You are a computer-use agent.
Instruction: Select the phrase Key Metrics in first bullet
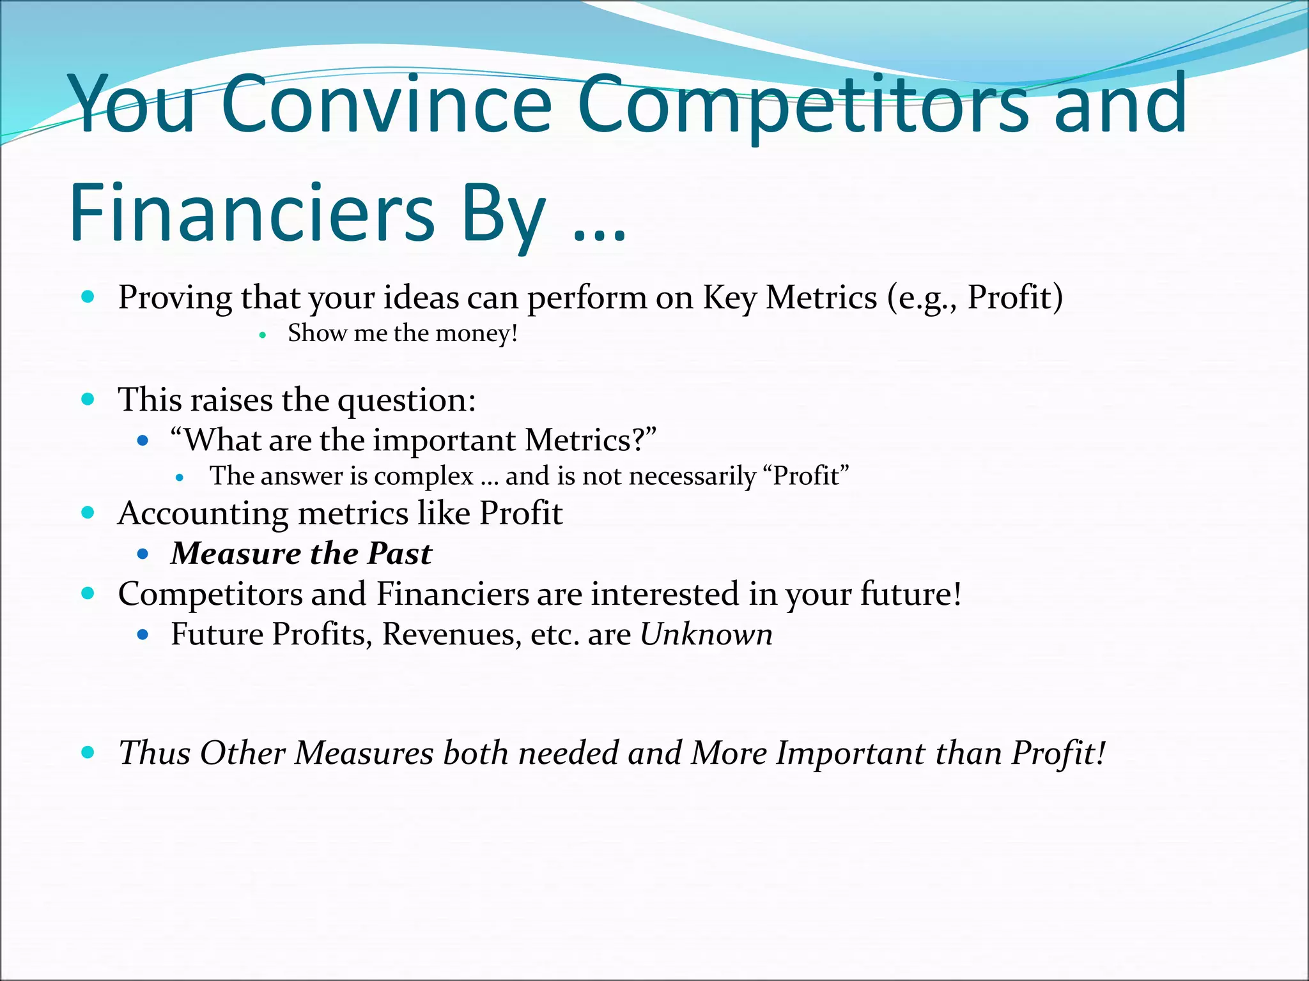tap(789, 298)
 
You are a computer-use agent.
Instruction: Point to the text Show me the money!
tap(402, 333)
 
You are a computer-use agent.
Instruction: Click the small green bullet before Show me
tap(262, 335)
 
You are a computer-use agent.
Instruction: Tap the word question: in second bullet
tap(407, 400)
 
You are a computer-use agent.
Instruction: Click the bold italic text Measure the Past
tap(301, 554)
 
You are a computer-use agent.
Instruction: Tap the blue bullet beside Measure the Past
tap(143, 554)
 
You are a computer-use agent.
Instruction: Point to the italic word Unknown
tap(706, 635)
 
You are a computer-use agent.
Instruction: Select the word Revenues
tap(451, 635)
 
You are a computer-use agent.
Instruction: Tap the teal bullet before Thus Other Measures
tap(88, 752)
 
